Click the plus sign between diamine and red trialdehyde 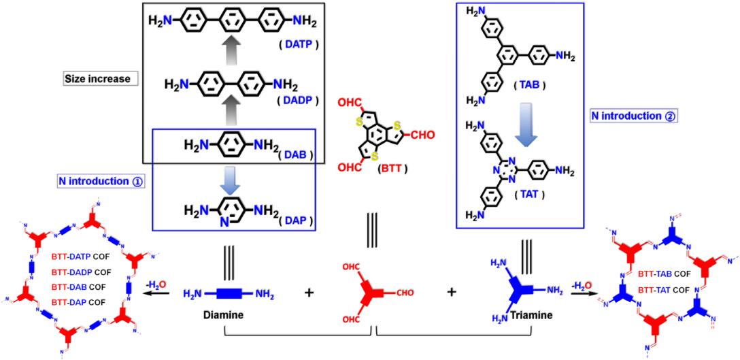point(310,293)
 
